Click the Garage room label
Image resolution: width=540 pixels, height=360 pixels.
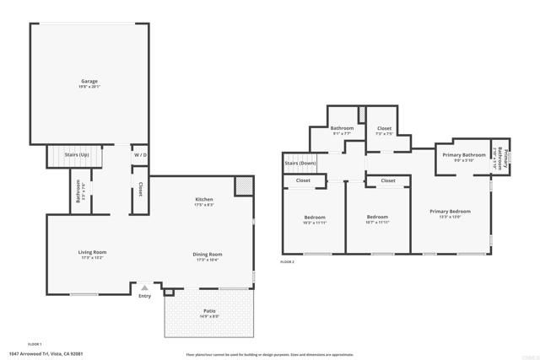pos(89,81)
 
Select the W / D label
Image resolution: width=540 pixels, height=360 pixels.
pos(140,156)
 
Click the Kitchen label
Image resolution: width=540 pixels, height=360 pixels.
pos(204,199)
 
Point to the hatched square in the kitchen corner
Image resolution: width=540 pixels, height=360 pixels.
pos(243,186)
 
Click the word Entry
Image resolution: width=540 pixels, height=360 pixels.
pos(144,296)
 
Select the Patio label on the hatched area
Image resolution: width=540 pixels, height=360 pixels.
pos(209,311)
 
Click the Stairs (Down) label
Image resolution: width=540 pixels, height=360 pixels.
pos(301,163)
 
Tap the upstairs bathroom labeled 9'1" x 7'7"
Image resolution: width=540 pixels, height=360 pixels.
pos(342,133)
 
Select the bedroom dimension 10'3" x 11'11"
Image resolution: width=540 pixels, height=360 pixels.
pos(314,223)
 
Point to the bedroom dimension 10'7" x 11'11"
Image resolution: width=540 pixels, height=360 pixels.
pos(377,223)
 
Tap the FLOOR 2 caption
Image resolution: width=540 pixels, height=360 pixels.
pos(288,262)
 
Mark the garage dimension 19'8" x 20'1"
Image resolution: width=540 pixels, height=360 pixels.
pos(89,86)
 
